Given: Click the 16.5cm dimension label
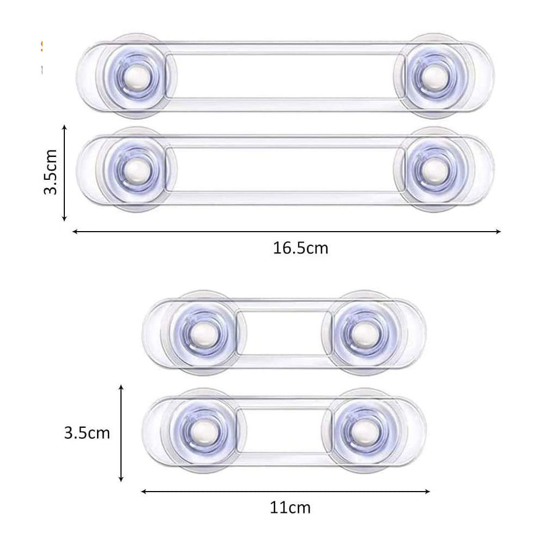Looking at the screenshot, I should pyautogui.click(x=300, y=249).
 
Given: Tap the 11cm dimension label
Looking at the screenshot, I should pyautogui.click(x=290, y=508).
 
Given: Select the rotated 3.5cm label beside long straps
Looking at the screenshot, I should pyautogui.click(x=51, y=172).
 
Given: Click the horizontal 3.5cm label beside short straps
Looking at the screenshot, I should pyautogui.click(x=87, y=433).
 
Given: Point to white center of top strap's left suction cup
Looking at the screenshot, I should pyautogui.click(x=138, y=76).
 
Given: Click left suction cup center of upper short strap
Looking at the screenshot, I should pyautogui.click(x=203, y=332).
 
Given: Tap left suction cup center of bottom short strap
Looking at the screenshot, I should pyautogui.click(x=203, y=431).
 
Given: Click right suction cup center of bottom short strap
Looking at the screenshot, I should pyautogui.click(x=361, y=431).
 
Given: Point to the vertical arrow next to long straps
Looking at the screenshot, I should pyautogui.click(x=64, y=172).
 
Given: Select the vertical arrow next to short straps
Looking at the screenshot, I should pyautogui.click(x=121, y=432).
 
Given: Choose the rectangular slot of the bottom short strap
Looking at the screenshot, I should pyautogui.click(x=282, y=431).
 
